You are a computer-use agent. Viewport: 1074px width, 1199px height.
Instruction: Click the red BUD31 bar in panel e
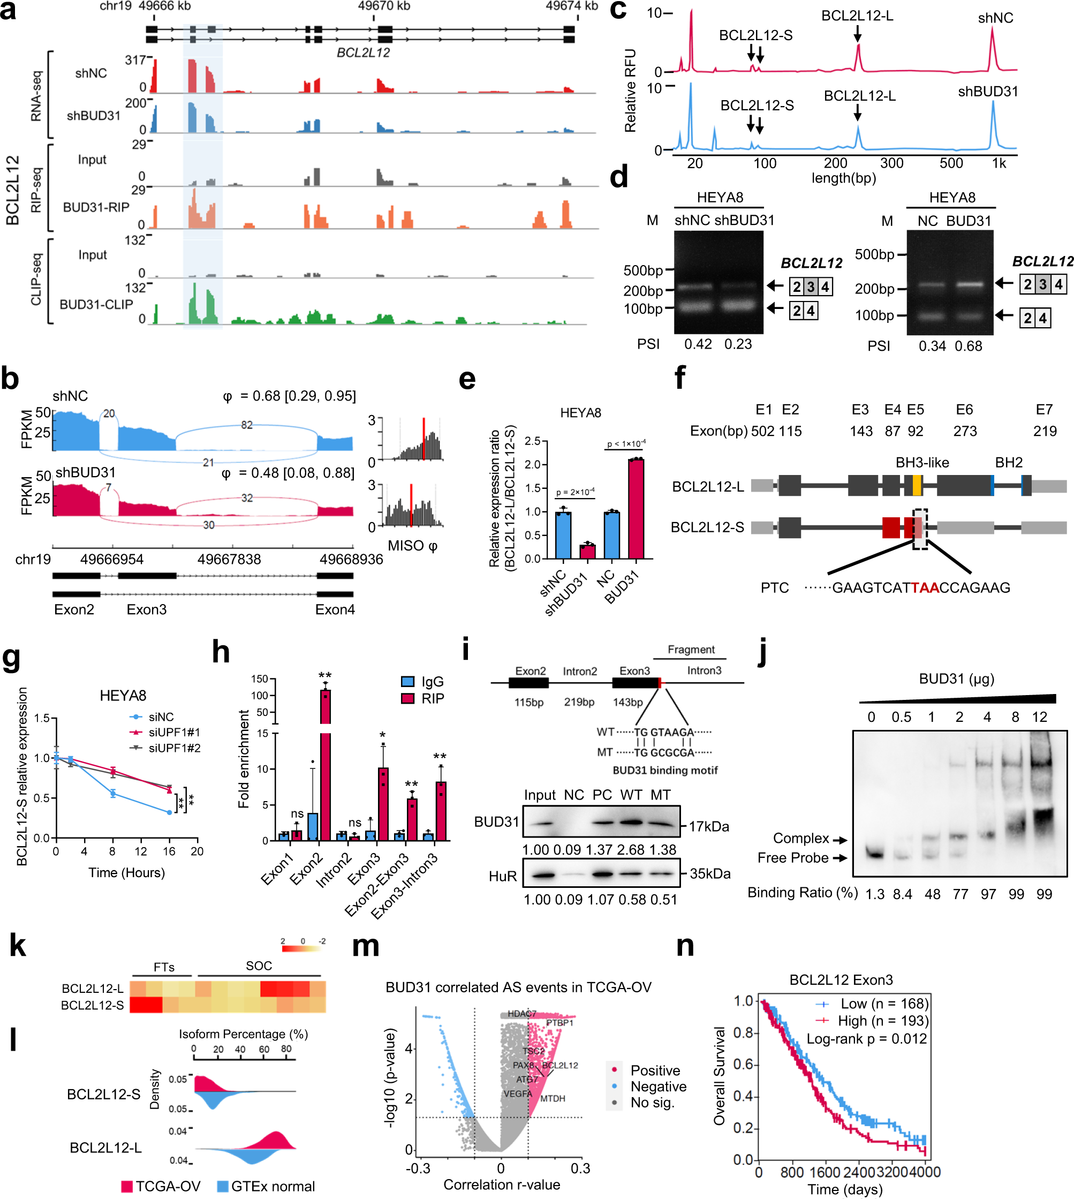pos(636,508)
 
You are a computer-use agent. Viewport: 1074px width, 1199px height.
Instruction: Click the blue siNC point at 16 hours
pos(169,812)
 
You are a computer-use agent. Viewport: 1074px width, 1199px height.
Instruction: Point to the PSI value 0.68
pos(969,346)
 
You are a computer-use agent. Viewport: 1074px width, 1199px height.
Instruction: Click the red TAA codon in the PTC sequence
pos(925,587)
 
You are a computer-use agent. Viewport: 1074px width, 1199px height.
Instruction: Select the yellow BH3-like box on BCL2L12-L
pos(917,485)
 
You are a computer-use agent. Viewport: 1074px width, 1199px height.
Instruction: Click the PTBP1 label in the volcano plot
pos(559,1022)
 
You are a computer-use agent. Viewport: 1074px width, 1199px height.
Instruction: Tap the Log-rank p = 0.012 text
pos(866,1038)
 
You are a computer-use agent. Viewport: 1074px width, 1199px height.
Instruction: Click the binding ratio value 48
pos(932,894)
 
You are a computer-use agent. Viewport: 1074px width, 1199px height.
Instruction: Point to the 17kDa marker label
pos(709,826)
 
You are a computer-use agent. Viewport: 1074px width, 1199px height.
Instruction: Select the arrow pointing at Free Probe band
pos(841,858)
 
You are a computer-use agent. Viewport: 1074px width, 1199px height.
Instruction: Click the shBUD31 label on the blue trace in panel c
pos(988,92)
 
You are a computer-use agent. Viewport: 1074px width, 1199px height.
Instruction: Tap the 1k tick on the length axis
pos(999,163)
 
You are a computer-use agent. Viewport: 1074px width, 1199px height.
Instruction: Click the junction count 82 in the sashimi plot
pos(247,425)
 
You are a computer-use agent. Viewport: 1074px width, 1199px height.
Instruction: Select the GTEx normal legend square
pos(223,1186)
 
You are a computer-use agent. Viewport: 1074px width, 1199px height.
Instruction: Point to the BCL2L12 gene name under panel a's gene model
pos(363,52)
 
